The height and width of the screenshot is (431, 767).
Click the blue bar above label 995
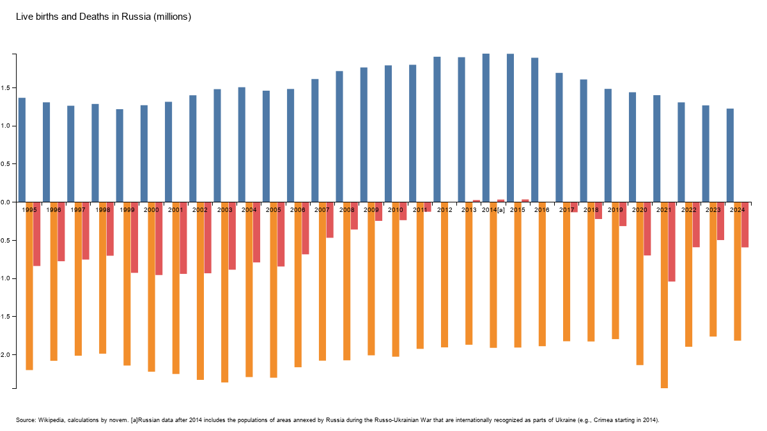coord(22,150)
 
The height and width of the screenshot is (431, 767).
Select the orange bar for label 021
coord(664,300)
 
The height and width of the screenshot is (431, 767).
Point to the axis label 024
coord(739,210)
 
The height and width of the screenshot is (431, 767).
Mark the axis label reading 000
coord(153,210)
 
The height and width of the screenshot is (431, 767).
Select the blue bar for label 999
coord(120,156)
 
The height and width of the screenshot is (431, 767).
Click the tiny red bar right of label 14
coord(501,200)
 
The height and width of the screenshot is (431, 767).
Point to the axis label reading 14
coord(493,210)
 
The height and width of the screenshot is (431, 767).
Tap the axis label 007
coord(324,210)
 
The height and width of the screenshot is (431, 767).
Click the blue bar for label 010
coord(388,133)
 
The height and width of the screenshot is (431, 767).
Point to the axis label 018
coord(593,210)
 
